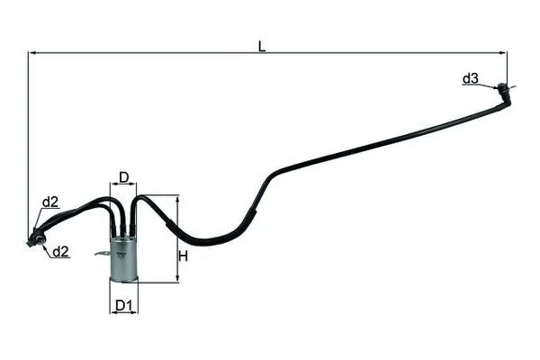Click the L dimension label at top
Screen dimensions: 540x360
tap(262, 46)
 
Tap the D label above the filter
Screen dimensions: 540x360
tap(123, 177)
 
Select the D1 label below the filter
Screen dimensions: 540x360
tap(124, 306)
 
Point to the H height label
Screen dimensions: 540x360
tap(184, 256)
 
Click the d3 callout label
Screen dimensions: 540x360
tap(470, 78)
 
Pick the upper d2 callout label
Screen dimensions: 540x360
tap(50, 202)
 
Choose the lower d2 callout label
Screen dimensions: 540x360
tap(61, 252)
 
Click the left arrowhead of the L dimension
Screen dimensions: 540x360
tap(31, 53)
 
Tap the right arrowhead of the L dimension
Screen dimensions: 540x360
tap(503, 53)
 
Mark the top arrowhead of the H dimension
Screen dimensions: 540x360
tap(177, 199)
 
